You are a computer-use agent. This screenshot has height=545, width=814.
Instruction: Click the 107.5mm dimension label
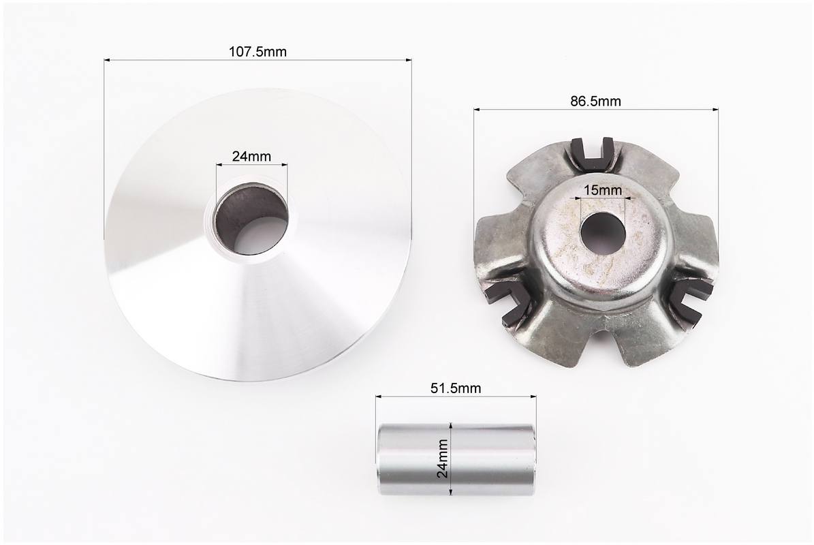coord(257,52)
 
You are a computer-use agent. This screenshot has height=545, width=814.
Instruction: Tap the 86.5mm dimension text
coord(595,102)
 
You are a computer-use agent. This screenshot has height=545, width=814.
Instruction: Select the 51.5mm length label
coord(455,388)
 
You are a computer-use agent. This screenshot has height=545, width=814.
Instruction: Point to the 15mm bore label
coord(603,190)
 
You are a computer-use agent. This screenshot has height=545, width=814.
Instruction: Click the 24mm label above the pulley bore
coord(251,156)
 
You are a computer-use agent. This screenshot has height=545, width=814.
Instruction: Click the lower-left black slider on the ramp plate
coord(508,302)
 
